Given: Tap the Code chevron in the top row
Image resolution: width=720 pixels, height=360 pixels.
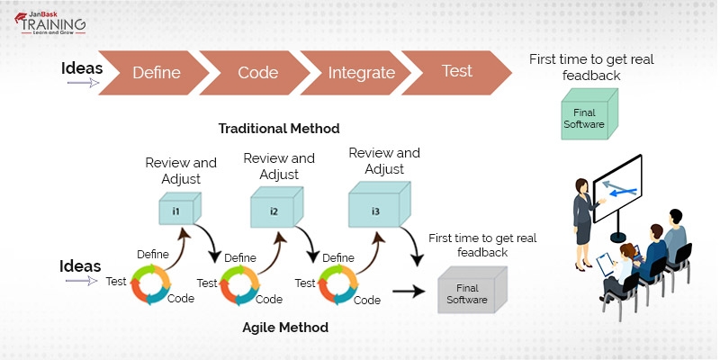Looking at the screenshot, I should click(256, 73).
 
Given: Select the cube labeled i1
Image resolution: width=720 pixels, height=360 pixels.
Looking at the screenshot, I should click(177, 211).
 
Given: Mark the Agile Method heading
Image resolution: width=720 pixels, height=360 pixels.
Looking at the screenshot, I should click(285, 328).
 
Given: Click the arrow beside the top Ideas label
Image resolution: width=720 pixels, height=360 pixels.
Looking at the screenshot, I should click(82, 83).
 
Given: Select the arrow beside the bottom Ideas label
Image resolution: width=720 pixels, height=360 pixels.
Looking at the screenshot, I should click(82, 281).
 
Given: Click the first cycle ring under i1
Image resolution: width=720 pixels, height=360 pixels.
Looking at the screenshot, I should click(148, 283).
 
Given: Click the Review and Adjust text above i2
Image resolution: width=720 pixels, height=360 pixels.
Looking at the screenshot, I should click(278, 166).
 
